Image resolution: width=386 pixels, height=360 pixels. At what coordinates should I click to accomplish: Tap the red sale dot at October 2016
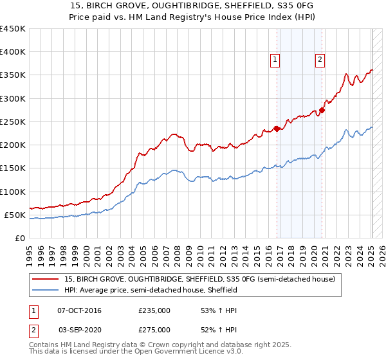(x=277, y=129)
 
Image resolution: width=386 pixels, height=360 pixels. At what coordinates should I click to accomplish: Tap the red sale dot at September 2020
(x=322, y=110)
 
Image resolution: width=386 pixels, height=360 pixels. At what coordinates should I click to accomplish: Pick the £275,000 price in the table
(x=154, y=330)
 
